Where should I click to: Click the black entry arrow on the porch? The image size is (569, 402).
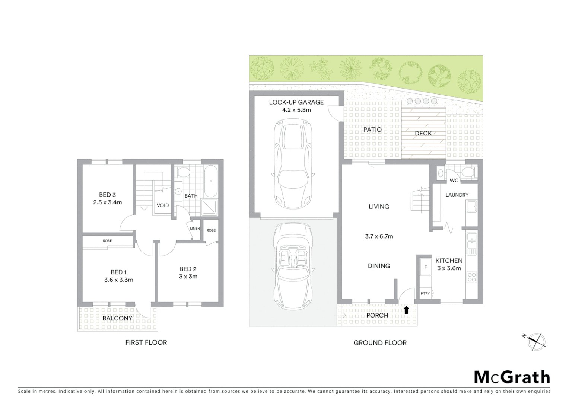(406, 310)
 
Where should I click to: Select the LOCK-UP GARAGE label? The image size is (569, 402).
(296, 102)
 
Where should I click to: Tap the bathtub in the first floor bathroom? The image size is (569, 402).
(211, 182)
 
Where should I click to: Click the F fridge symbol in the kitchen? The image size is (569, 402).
(426, 267)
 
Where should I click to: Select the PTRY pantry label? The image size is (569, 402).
(425, 293)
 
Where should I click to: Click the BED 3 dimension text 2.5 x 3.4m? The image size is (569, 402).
(107, 202)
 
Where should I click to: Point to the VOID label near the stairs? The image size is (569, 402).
(163, 205)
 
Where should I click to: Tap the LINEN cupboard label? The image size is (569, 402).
(195, 229)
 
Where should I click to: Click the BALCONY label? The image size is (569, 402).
(117, 318)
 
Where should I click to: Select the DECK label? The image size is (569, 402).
(423, 133)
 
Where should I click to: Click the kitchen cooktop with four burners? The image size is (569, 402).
(471, 277)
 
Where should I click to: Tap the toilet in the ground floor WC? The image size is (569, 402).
(467, 172)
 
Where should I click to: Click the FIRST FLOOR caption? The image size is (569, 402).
(146, 342)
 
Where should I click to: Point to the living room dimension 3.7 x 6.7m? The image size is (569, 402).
(379, 236)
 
